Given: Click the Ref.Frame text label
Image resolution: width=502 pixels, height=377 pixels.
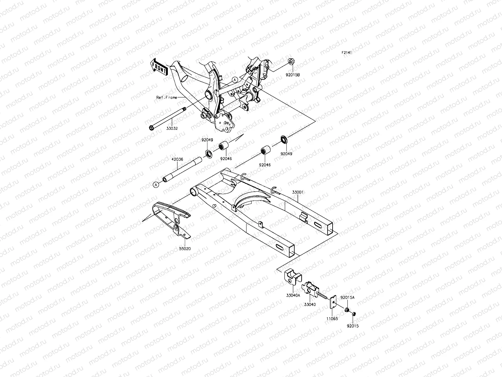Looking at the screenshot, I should [167, 97].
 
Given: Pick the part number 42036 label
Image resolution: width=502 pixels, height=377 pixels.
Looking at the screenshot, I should [177, 159].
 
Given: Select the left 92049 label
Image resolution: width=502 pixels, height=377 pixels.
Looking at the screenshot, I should [207, 140].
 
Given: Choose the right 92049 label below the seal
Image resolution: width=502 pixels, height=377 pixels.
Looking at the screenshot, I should [286, 154].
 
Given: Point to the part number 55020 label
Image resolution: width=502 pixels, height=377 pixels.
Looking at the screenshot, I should [185, 249].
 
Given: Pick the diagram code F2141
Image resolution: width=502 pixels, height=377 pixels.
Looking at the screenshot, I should [347, 53].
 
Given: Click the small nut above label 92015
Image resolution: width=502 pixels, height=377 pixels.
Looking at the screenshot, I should [353, 314].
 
